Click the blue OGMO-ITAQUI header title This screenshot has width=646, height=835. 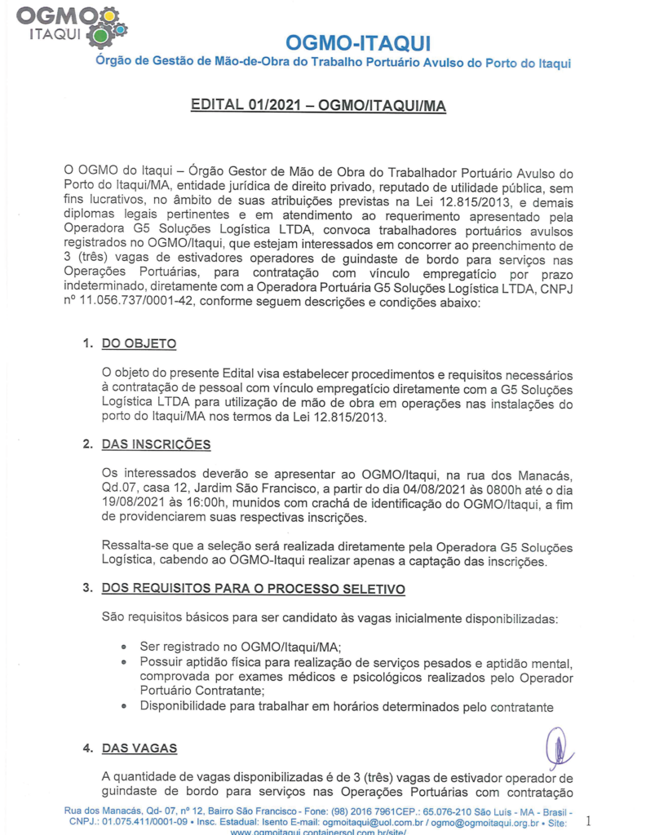[x=359, y=42]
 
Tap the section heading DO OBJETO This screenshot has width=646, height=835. [x=139, y=344]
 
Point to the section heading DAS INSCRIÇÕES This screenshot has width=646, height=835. [x=156, y=444]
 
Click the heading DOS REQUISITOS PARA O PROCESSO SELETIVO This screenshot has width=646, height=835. [x=253, y=589]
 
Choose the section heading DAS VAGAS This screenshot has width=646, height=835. [x=139, y=748]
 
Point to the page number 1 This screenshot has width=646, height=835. [x=588, y=819]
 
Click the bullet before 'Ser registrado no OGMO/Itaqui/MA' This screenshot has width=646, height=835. [x=123, y=646]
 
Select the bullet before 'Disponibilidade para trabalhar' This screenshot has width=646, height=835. [x=123, y=706]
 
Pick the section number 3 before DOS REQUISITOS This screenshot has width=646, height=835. [x=86, y=589]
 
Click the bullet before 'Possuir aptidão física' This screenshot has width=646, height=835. [x=123, y=661]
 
